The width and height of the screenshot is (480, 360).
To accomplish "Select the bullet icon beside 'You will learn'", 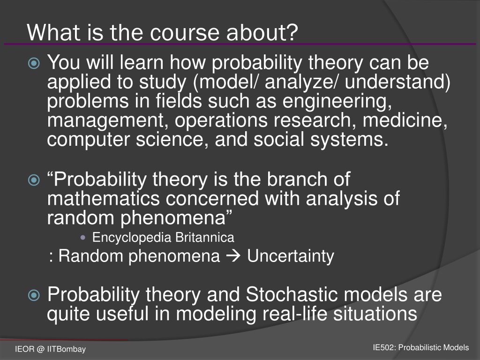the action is (34, 63).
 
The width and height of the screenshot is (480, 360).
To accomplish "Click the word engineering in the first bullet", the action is (337, 102).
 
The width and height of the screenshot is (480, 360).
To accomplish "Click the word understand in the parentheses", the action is (394, 82).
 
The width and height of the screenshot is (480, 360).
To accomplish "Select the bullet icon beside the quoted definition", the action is (34, 180).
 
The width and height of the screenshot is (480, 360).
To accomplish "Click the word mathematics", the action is (104, 198).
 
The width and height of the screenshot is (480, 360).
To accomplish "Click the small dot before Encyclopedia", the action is (82, 238).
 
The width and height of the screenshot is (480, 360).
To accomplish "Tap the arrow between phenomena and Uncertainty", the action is (233, 256).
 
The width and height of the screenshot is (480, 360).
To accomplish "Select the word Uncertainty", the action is (291, 256).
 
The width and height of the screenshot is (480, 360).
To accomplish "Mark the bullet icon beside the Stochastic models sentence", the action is (34, 295).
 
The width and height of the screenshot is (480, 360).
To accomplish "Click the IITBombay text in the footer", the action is (67, 349).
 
